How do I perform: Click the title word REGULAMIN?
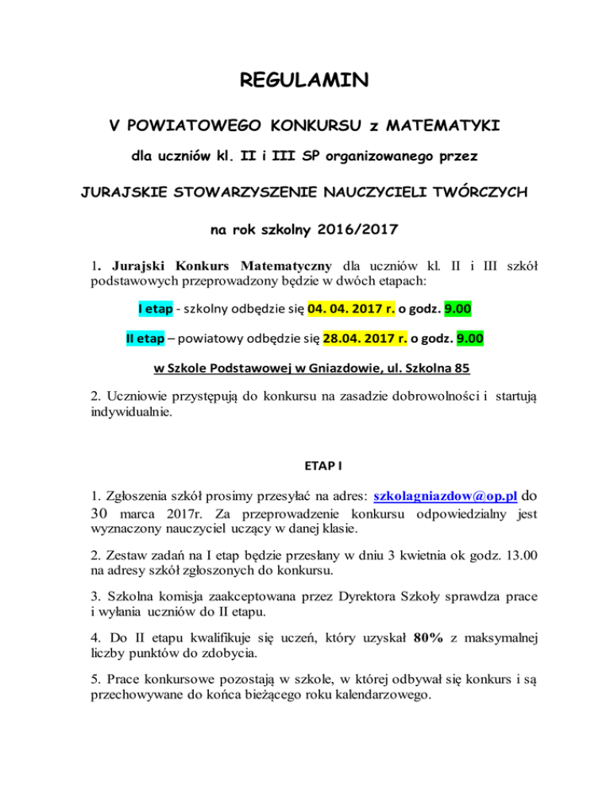(305, 80)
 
